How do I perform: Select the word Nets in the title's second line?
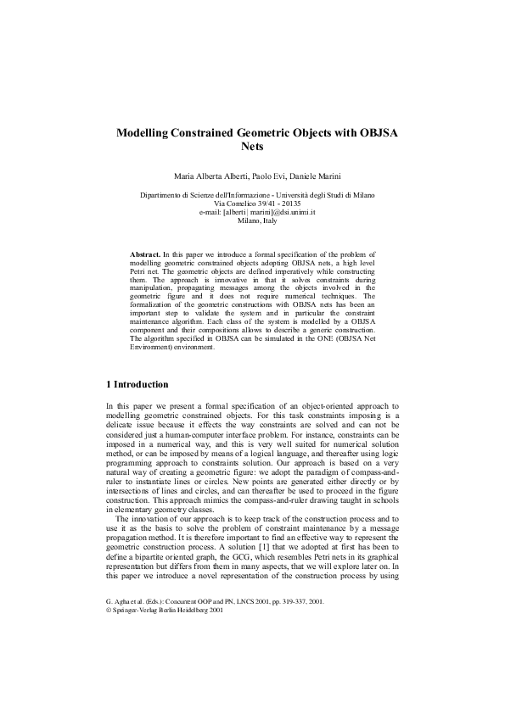[x=254, y=147]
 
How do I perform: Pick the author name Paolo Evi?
[x=277, y=176]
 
